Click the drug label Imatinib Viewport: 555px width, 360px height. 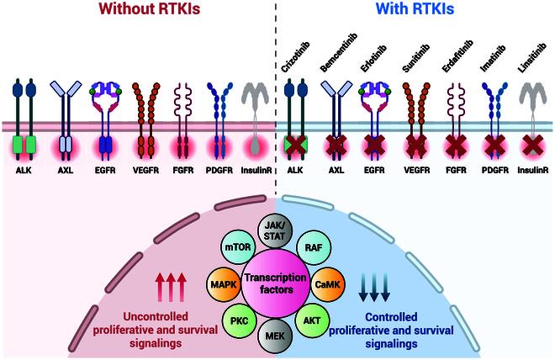coord(492,57)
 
